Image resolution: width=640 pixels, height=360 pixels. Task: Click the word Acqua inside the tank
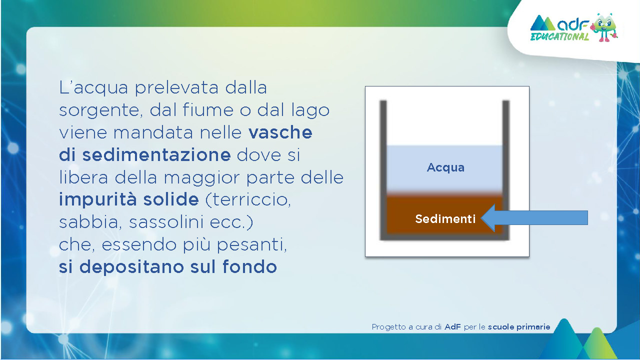point(445,167)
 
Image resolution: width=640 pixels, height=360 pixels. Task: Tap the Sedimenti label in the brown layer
point(445,219)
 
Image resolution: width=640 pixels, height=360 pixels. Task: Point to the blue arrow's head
point(488,217)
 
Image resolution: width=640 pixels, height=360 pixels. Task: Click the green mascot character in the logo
point(604,27)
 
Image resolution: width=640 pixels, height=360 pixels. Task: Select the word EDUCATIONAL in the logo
point(559,36)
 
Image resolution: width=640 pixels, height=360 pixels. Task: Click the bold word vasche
point(280,132)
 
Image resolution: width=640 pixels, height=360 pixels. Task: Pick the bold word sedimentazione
point(156,155)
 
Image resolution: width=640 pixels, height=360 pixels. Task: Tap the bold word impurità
point(97,199)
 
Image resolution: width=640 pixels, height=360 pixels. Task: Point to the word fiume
point(208,109)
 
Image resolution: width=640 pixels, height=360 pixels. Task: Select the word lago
point(310,111)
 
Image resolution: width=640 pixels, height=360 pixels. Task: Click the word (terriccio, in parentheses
point(248,199)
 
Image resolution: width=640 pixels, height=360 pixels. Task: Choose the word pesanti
point(251,245)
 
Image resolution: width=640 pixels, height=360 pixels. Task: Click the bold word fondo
point(249,267)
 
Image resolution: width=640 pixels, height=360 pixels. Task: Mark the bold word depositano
point(131,267)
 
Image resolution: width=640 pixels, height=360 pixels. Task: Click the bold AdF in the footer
point(452,327)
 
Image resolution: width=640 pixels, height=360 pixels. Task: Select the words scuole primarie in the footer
point(519,327)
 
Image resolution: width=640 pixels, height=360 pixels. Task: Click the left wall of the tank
point(383,170)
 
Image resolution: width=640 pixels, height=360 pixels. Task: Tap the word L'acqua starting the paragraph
point(93,88)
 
